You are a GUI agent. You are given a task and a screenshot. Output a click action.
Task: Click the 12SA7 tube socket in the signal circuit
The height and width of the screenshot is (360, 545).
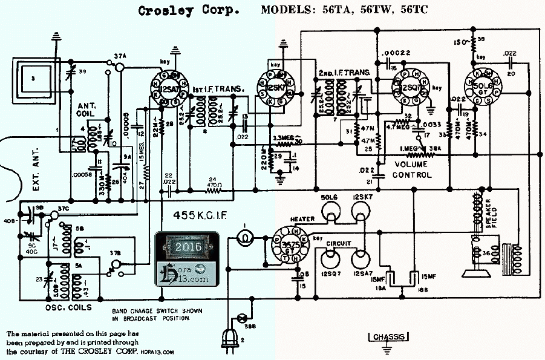pyautogui.click(x=165, y=90)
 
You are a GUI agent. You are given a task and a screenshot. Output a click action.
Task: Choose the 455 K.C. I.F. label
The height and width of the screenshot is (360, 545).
pyautogui.click(x=203, y=214)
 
